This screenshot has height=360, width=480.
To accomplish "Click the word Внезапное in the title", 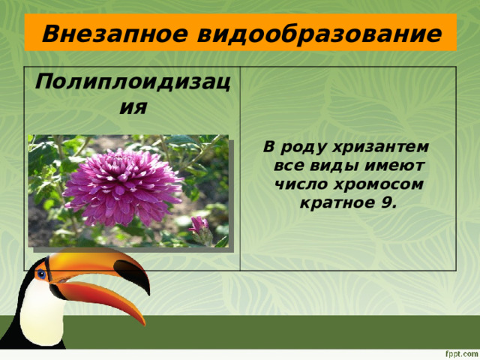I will (x=109, y=34).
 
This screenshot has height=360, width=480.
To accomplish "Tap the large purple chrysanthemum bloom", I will (x=122, y=187).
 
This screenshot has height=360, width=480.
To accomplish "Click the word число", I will (x=302, y=184).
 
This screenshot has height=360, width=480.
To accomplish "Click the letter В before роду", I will (x=268, y=145).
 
